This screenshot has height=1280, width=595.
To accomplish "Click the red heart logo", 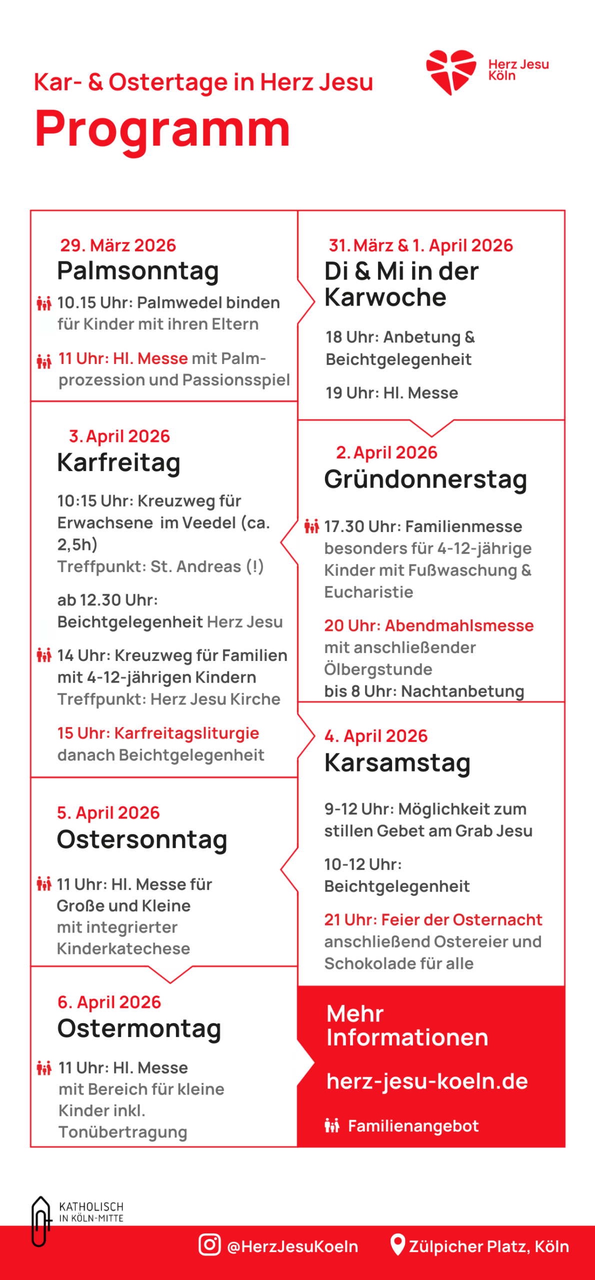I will tap(450, 71).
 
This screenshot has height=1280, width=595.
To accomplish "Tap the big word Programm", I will tap(162, 129).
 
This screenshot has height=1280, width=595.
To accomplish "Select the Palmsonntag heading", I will tap(138, 271).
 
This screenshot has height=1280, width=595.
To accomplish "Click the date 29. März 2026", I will tap(118, 245).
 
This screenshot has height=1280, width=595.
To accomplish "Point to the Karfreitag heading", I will tap(118, 462).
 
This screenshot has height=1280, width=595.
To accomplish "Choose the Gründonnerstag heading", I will tap(425, 479).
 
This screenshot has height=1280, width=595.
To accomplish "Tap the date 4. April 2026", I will tap(376, 736).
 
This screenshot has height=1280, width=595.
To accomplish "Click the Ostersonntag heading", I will tap(142, 839).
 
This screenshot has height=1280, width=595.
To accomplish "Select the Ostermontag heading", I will tap(139, 1028).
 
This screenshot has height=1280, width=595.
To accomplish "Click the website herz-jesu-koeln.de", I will tap(427, 1081).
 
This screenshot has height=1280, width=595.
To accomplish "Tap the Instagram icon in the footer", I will tap(209, 1244).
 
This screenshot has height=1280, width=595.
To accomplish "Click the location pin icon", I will tap(397, 1244).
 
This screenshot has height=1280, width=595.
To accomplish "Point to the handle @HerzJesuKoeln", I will tap(292, 1246).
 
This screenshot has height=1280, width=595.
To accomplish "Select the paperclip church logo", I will tap(40, 1220).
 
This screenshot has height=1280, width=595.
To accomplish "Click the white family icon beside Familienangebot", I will tap(332, 1125).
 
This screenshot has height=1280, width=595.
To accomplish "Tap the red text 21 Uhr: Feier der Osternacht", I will tap(433, 919).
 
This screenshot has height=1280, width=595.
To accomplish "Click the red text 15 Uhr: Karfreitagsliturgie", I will tap(158, 733).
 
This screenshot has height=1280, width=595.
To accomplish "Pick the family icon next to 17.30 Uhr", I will tap(311, 526).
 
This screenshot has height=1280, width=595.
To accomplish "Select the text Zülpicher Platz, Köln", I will tap(489, 1246).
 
